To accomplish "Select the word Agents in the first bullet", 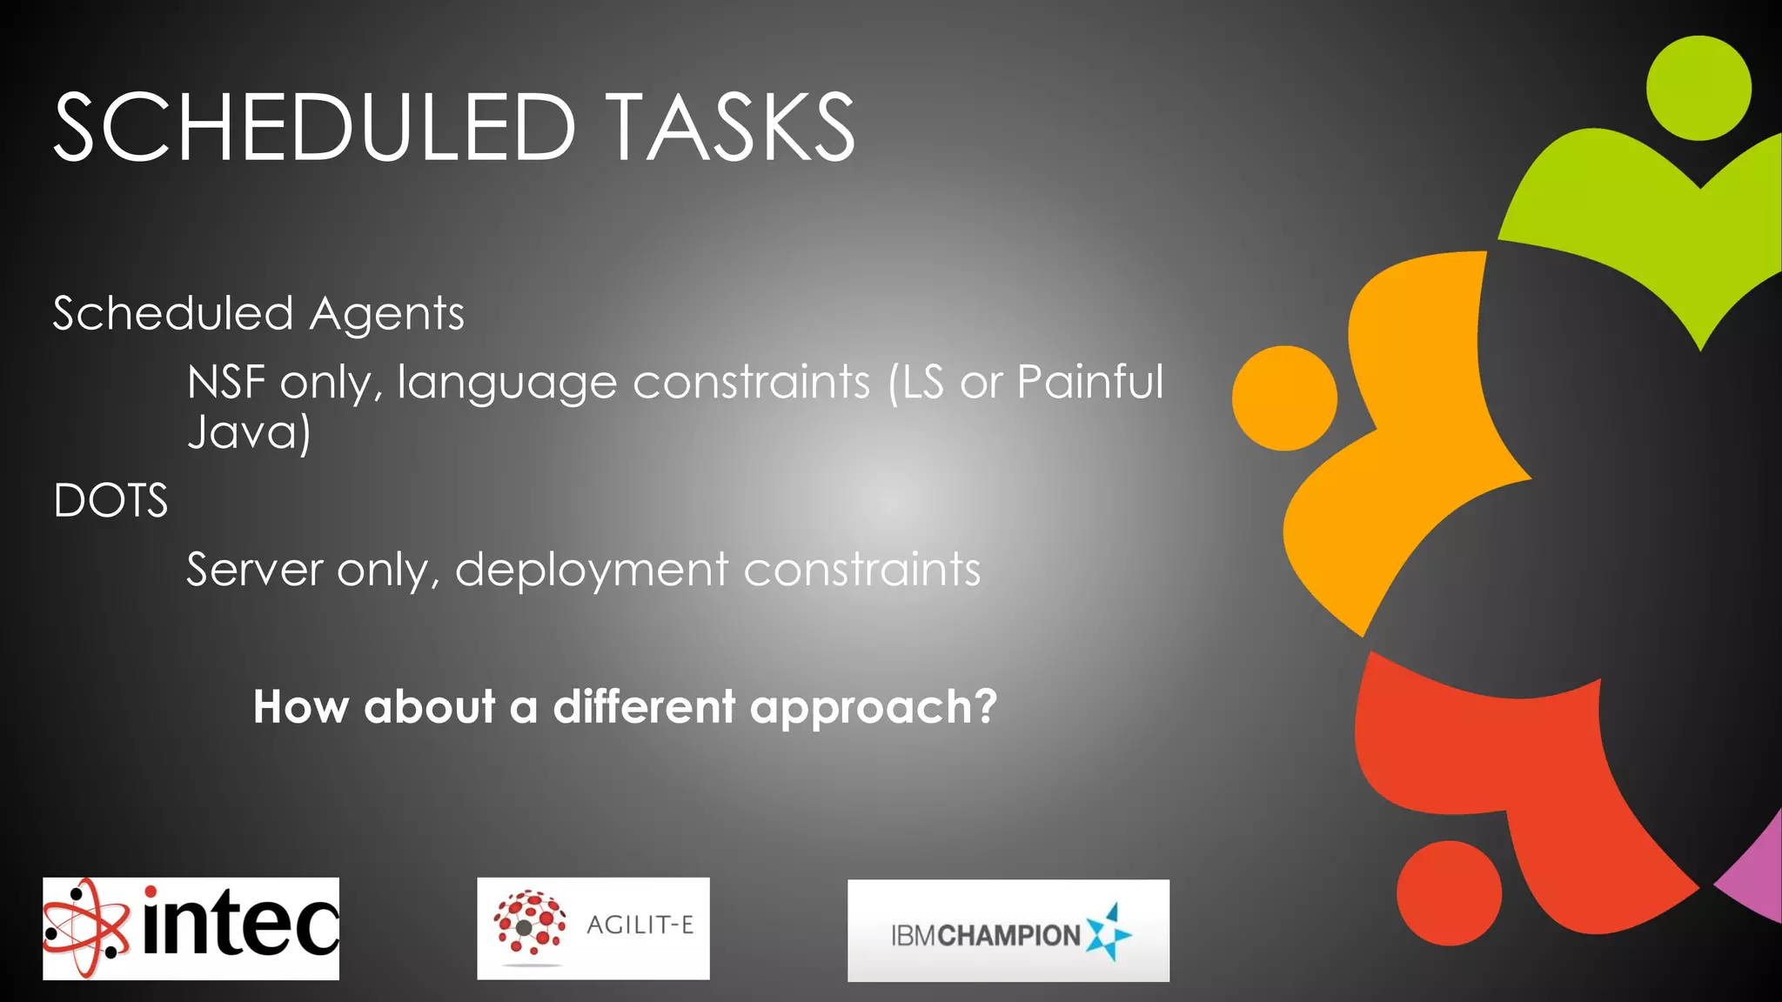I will pos(386,314).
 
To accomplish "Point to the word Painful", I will pos(1089,382).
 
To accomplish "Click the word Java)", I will pos(249,432).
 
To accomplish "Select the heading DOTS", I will pos(111,501).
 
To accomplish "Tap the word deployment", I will pos(592,570).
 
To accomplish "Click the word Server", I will pos(254,571).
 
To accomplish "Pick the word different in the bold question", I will pos(644,706).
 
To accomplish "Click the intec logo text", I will pos(239,924).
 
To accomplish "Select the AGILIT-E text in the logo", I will pos(640,925).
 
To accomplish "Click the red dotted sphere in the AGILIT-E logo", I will pos(528,926).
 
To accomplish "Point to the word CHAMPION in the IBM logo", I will pos(1009,936).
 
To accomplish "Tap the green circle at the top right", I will pos(1698,88).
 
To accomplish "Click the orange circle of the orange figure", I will pos(1284,398).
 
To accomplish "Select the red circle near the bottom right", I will pos(1449,893).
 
